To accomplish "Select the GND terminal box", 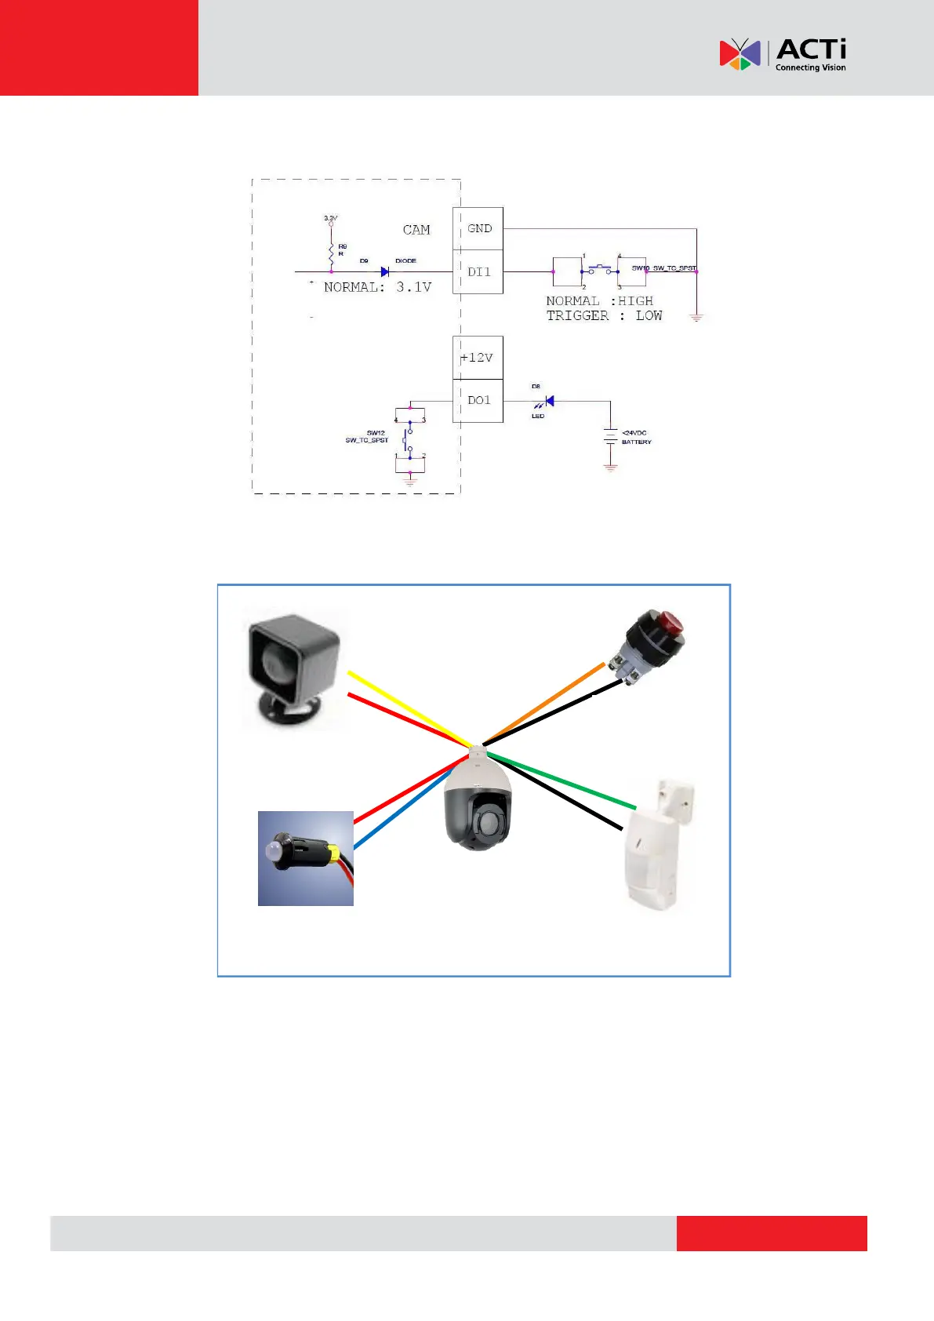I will click(x=478, y=228).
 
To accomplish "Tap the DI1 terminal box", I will click(x=478, y=271).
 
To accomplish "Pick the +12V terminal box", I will click(x=477, y=358).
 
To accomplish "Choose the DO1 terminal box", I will click(x=478, y=400).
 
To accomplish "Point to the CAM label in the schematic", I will click(x=416, y=230).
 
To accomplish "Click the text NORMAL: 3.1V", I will click(x=377, y=287).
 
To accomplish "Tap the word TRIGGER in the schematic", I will click(x=577, y=315).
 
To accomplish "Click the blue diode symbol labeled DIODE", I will click(x=385, y=271).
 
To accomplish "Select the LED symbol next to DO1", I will click(x=548, y=402).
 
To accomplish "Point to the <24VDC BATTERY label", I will click(x=636, y=437).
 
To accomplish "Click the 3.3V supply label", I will click(x=331, y=218).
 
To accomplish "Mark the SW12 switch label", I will click(x=376, y=433).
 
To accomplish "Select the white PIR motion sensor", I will click(x=657, y=847).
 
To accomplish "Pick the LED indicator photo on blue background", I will click(x=305, y=858).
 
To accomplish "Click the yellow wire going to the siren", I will click(x=408, y=709).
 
